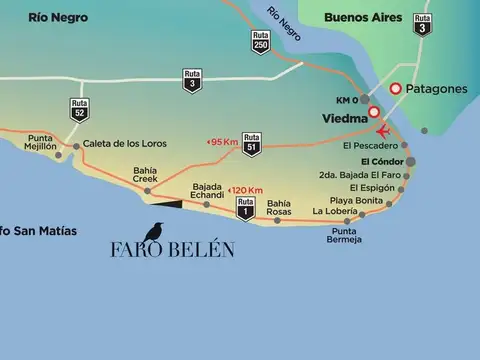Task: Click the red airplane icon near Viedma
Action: tap(382, 132)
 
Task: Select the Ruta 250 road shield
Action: tap(261, 42)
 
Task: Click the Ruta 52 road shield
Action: tap(79, 109)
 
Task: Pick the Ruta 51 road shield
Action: tap(253, 142)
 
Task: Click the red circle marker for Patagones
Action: tap(396, 89)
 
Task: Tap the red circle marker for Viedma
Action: tap(374, 112)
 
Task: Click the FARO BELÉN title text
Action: tap(172, 250)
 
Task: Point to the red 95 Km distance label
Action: tap(222, 142)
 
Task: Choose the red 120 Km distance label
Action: tap(245, 189)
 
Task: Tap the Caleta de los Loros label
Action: tap(125, 143)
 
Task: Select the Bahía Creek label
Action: tap(147, 174)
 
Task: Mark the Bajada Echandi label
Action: tap(207, 189)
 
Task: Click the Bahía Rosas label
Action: tap(279, 207)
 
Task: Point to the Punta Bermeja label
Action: tap(344, 236)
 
